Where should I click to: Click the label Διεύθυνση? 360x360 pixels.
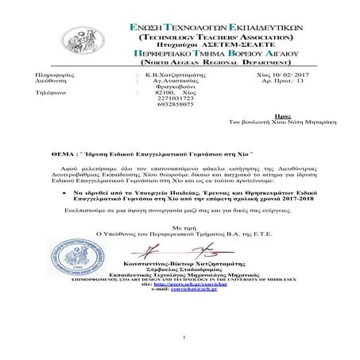click(x=40, y=79)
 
